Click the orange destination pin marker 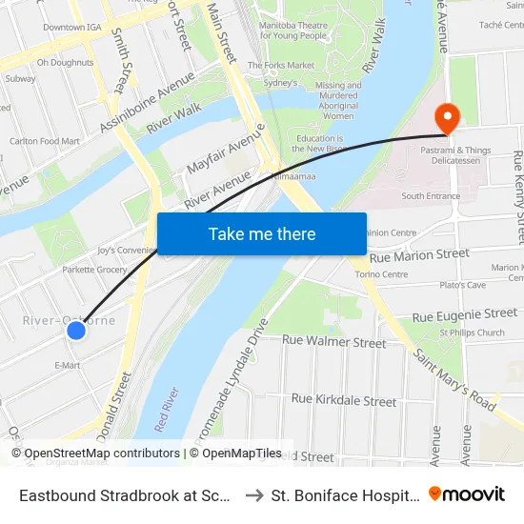point(446,117)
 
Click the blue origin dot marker point(76,331)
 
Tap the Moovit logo point(467,494)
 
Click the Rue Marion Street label point(419,255)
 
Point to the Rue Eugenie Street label point(465,314)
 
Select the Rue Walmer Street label point(333,342)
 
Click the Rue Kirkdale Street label point(344,401)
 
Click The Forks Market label point(281,65)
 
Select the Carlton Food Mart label point(45,141)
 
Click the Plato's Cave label point(463,285)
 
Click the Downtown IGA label point(65,28)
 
